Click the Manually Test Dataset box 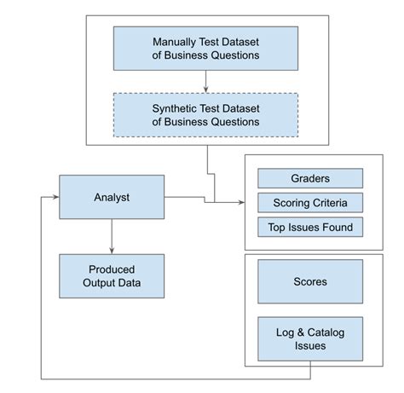point(206,49)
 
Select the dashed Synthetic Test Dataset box point(206,115)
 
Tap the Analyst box point(112,197)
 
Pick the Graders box point(310,178)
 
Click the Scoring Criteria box point(310,203)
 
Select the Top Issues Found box point(310,227)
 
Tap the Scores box point(310,281)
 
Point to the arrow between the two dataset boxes point(206,82)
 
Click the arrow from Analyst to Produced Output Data point(112,234)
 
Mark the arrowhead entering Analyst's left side point(55,197)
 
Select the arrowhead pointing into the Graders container point(240,202)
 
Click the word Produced point(112,269)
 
